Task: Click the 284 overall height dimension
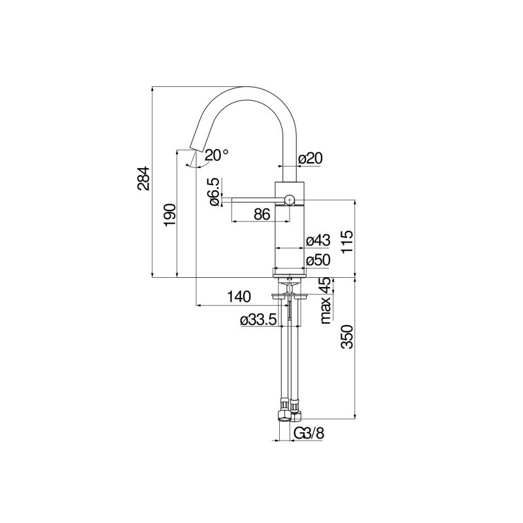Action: [x=144, y=178]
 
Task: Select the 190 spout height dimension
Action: [x=169, y=214]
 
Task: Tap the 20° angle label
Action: [x=217, y=155]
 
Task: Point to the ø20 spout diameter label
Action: [x=311, y=158]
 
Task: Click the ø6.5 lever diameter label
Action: [x=215, y=192]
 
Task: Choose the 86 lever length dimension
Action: [x=262, y=214]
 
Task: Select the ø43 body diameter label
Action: [x=318, y=240]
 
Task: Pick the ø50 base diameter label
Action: [x=318, y=260]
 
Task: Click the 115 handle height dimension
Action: [x=347, y=242]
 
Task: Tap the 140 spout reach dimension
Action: [x=239, y=296]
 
